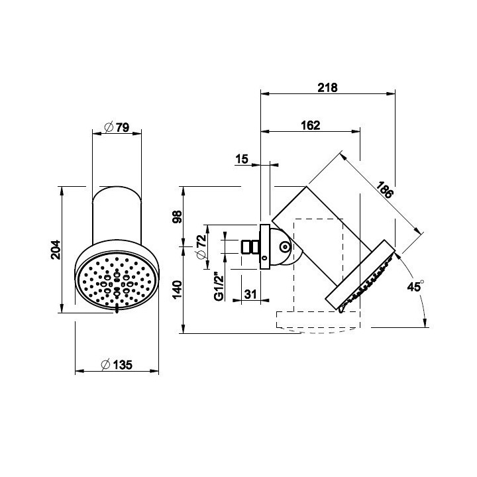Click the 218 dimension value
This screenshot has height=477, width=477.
(x=328, y=87)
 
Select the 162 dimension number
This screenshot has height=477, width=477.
(x=310, y=125)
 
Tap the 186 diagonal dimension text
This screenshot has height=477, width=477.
(x=385, y=190)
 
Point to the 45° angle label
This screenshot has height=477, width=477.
(x=415, y=286)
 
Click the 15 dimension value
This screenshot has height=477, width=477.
(x=242, y=159)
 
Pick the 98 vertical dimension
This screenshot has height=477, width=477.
(x=177, y=217)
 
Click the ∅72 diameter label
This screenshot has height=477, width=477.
(x=201, y=247)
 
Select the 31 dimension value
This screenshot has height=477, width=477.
(x=250, y=294)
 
